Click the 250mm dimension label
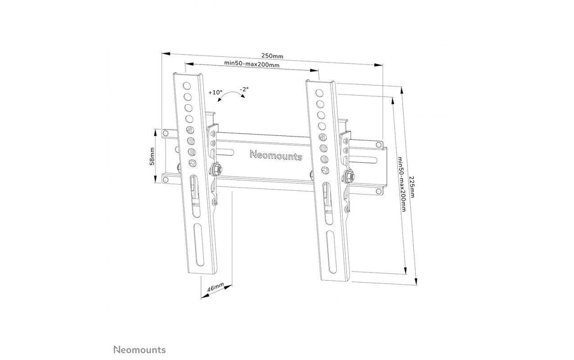pyautogui.click(x=272, y=56)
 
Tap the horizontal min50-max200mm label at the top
pyautogui.click(x=252, y=64)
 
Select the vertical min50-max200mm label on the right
pyautogui.click(x=402, y=184)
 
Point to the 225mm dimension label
pyautogui.click(x=412, y=187)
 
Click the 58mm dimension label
pyautogui.click(x=152, y=156)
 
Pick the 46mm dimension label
pyautogui.click(x=215, y=287)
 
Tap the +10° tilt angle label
pyautogui.click(x=215, y=92)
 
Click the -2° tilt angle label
pyautogui.click(x=244, y=89)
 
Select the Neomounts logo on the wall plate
pyautogui.click(x=276, y=155)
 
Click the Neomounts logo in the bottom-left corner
pyautogui.click(x=140, y=350)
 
